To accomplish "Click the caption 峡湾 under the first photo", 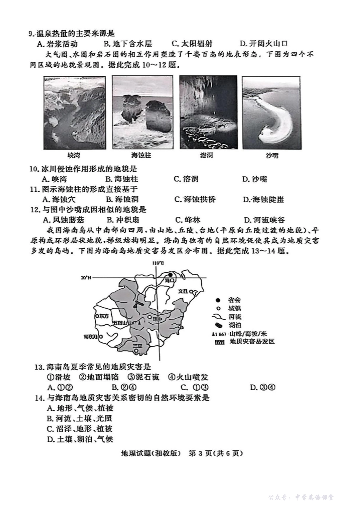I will tap(74, 155).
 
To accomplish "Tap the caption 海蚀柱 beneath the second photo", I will tap(141, 155).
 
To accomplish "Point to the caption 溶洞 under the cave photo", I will tap(206, 155).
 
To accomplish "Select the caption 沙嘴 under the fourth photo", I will tap(272, 155).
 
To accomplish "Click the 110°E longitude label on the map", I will tap(158, 263).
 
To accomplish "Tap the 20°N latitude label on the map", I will tap(86, 278).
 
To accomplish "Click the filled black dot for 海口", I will tap(171, 275).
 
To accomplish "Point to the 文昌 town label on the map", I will tap(183, 291).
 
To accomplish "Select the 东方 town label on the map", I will tap(103, 316).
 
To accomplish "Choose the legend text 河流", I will tap(235, 317).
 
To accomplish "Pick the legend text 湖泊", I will tap(235, 325).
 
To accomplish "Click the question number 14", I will tap(38, 398).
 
